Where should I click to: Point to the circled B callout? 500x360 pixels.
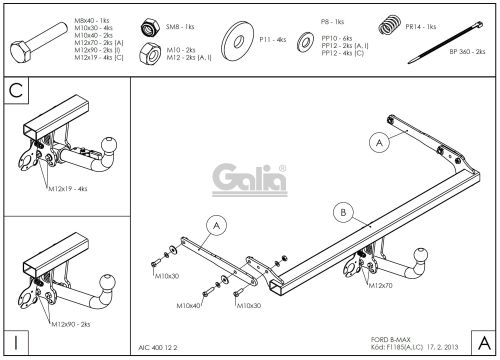pyautogui.click(x=342, y=212)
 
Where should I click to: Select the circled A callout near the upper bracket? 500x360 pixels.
pyautogui.click(x=378, y=142)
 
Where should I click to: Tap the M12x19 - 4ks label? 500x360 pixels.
pyautogui.click(x=67, y=188)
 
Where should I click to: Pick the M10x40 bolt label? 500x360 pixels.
pyautogui.click(x=188, y=305)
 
